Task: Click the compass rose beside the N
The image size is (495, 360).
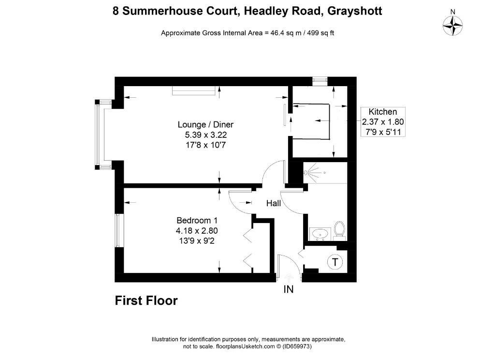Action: point(452,26)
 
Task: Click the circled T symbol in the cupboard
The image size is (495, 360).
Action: point(335,262)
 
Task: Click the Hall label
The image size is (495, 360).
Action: point(274,203)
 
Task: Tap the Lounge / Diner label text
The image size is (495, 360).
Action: point(205,124)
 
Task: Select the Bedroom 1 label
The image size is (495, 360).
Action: point(197,220)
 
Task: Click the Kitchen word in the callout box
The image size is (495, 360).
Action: point(383,112)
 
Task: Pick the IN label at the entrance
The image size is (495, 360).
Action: point(289,289)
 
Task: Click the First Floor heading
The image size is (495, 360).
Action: point(146,300)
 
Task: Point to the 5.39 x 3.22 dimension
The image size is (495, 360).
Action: point(206,135)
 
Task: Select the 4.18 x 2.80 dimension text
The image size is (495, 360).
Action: point(197,231)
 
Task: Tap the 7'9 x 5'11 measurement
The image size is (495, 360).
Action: point(383,132)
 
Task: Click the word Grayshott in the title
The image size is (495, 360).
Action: point(355,11)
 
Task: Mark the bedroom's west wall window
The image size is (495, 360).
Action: point(118,230)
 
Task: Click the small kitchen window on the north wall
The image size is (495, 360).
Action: point(320,81)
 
